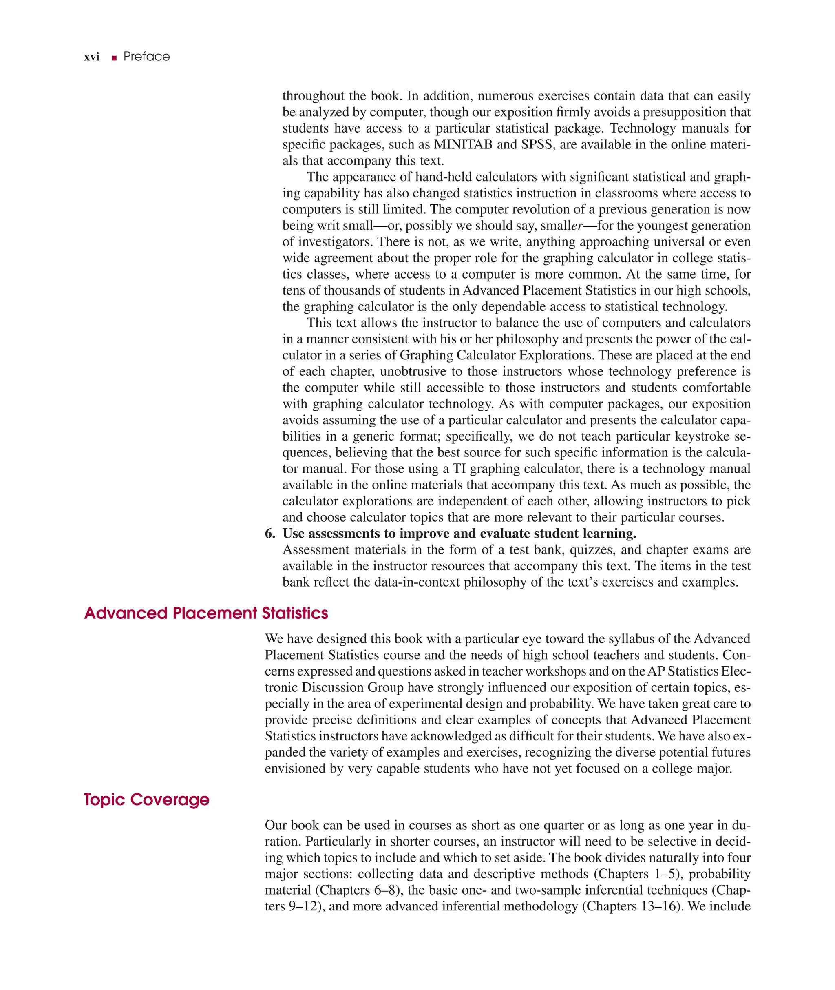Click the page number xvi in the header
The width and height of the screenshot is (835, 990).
point(91,57)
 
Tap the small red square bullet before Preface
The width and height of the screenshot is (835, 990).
point(114,58)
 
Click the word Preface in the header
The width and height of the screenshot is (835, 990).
point(146,57)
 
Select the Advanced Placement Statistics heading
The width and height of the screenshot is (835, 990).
point(206,613)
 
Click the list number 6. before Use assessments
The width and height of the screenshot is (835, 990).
point(270,534)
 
